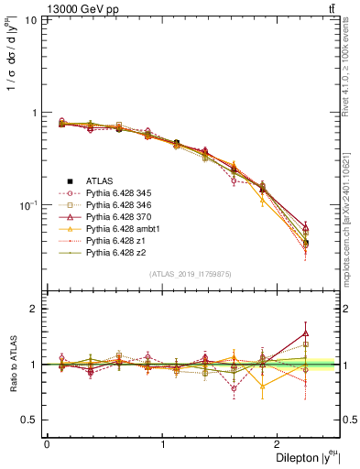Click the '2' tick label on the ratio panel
tap(36, 309)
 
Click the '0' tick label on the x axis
tap(47, 444)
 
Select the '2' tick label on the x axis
tap(280, 444)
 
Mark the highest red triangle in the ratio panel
tap(305, 333)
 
